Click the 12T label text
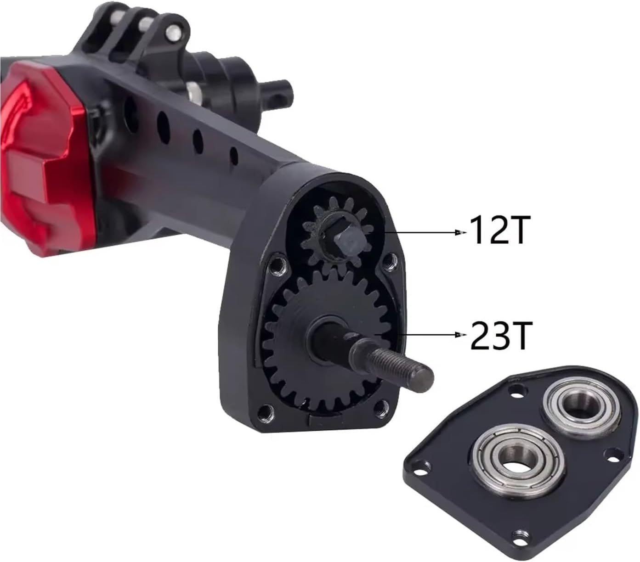click(498, 230)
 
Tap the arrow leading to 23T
click(427, 336)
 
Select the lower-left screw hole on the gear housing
click(265, 410)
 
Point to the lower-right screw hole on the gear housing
click(381, 406)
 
